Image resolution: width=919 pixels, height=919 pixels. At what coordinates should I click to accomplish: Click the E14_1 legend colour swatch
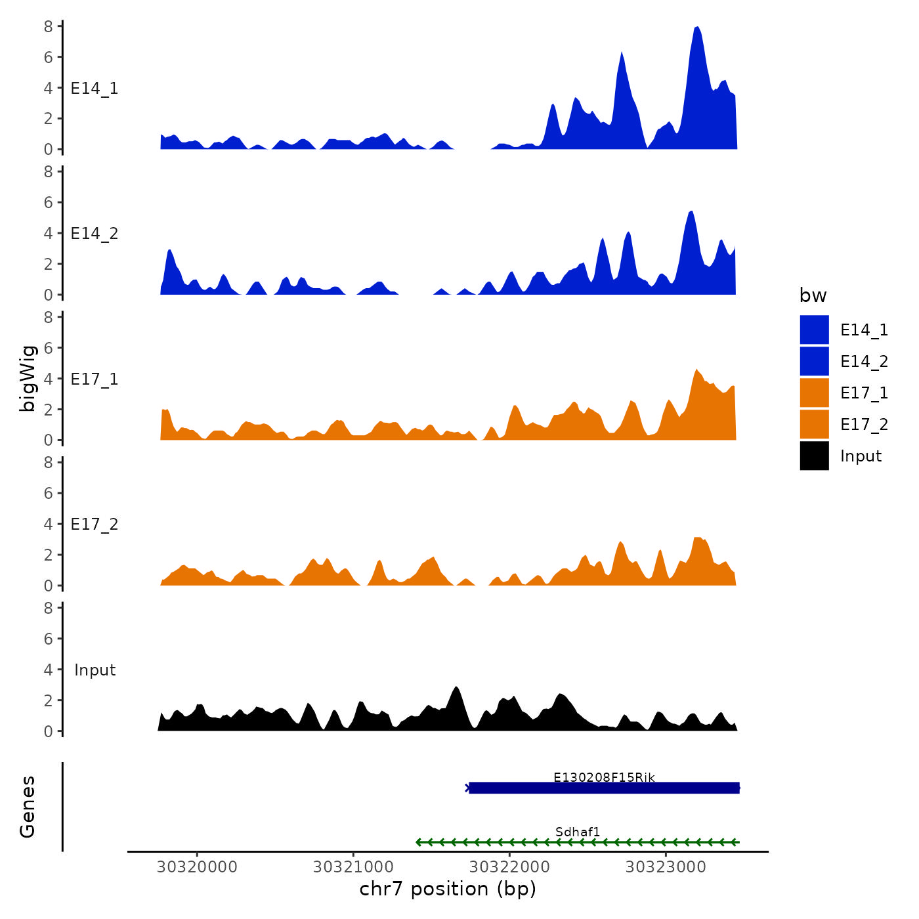814,330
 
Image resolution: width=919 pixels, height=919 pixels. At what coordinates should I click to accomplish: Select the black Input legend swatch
814,456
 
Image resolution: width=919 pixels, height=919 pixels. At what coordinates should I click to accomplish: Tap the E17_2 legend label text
864,425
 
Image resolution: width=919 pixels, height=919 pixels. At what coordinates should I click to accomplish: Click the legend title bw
813,295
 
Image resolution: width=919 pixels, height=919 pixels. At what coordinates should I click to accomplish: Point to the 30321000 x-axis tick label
353,866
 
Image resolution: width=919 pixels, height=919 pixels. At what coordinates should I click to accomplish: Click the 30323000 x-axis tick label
666,866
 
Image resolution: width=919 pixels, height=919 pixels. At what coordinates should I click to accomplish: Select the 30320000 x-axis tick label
197,866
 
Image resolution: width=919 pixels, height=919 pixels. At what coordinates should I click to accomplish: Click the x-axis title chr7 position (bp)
448,889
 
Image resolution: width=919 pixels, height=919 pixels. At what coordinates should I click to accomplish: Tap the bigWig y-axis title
28,378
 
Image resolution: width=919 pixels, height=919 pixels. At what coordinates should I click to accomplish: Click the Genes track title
28,807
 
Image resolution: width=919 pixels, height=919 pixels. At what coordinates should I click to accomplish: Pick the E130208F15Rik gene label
604,777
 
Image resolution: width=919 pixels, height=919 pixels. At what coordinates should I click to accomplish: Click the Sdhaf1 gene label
578,832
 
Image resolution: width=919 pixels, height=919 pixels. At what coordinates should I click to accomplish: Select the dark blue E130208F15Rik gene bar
604,788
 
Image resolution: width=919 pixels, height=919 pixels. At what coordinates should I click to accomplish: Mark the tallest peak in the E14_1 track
697,28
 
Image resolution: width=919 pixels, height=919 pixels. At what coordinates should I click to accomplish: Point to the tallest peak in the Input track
456,687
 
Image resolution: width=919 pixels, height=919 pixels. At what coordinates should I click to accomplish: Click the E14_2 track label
95,234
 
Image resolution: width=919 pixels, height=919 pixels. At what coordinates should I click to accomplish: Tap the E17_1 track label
95,379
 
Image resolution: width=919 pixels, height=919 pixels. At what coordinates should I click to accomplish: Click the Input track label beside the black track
95,670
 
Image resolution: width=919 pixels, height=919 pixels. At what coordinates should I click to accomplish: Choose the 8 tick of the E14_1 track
49,26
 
